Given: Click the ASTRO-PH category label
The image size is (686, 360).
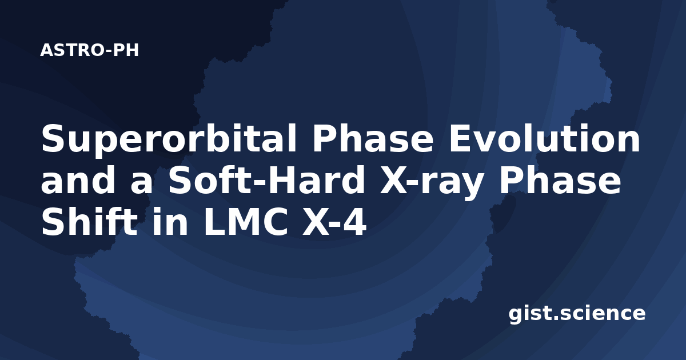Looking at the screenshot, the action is pyautogui.click(x=89, y=50).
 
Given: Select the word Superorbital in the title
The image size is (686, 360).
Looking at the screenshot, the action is pyautogui.click(x=169, y=139).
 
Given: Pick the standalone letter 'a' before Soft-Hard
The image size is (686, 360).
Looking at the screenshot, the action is pyautogui.click(x=141, y=183).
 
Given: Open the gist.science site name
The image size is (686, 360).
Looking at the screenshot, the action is pyautogui.click(x=577, y=314).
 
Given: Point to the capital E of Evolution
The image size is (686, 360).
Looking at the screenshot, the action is pyautogui.click(x=460, y=138).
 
